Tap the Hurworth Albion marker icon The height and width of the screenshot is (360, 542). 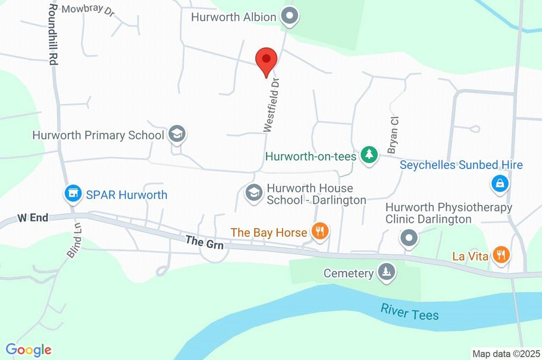[290, 17]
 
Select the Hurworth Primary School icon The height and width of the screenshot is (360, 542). [177, 135]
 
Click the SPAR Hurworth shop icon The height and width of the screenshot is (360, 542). [73, 194]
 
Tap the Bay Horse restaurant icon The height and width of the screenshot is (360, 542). [319, 231]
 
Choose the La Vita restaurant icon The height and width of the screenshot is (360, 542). [500, 256]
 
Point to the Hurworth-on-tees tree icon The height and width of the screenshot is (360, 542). [369, 155]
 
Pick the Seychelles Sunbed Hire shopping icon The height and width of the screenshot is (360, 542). [500, 184]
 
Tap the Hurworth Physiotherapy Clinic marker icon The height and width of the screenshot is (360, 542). [409, 239]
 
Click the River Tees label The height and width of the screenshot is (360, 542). [410, 312]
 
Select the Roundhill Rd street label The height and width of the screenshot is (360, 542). [52, 34]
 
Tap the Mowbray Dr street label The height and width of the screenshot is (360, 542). [88, 11]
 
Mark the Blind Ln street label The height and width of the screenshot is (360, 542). [75, 244]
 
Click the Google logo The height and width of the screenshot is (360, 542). [29, 349]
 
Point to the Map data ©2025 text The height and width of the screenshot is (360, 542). [506, 354]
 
